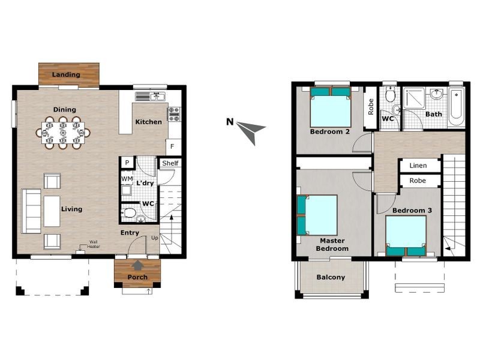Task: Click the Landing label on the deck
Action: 66,74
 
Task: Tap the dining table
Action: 63,133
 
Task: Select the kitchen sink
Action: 151,97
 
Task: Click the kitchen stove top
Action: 174,114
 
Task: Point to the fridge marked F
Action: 173,146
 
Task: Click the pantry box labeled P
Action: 127,163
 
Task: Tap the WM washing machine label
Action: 127,179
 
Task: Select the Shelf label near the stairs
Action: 170,163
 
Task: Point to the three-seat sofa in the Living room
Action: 31,211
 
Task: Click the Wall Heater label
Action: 94,244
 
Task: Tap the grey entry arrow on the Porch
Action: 138,265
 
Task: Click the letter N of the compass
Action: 230,122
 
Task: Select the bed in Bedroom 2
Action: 331,107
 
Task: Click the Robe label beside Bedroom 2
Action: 371,107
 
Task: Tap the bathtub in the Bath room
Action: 457,107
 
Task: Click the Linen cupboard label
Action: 418,166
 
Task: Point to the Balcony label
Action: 331,277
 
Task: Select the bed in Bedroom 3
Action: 406,236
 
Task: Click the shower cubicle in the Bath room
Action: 414,98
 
